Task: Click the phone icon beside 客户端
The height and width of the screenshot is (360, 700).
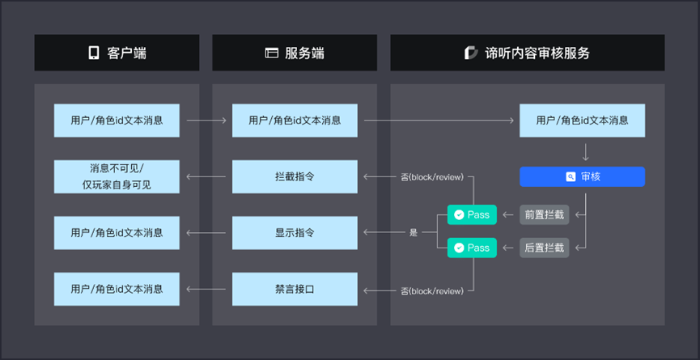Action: tap(93, 53)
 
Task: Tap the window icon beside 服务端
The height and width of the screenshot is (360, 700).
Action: tap(271, 53)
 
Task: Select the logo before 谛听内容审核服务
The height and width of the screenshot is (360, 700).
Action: tap(471, 53)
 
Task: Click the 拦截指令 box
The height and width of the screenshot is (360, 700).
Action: tap(295, 176)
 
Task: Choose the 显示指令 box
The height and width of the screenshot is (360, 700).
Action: tap(295, 233)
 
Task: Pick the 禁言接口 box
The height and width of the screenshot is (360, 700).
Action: tap(295, 289)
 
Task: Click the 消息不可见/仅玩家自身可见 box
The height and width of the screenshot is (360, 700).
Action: tap(117, 176)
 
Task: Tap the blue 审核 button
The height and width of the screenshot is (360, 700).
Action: tap(582, 176)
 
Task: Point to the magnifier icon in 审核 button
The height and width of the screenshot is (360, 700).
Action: tap(571, 176)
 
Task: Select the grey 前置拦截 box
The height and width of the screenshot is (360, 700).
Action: tap(544, 214)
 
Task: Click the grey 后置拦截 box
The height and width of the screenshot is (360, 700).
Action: tap(544, 248)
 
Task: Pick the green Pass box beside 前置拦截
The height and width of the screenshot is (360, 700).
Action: tap(472, 214)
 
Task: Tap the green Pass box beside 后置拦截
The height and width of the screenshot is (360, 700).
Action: tap(472, 248)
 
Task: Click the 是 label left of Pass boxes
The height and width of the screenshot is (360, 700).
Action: tap(414, 232)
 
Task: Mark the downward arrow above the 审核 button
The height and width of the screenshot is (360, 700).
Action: tap(586, 153)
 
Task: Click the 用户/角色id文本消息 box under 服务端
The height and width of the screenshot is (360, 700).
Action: tap(295, 121)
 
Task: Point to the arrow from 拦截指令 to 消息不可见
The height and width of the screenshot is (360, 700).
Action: tap(206, 176)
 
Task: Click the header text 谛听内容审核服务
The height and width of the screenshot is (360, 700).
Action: tap(537, 53)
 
